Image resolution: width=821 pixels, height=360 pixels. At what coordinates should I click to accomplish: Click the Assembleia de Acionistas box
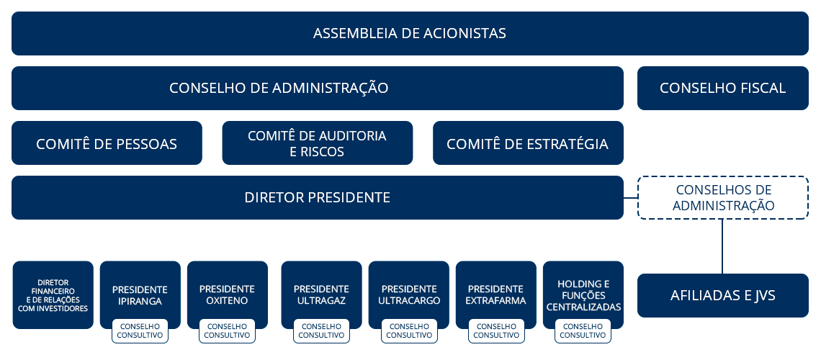tap(410, 34)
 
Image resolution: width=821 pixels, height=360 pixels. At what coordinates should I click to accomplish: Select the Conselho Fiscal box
tap(722, 88)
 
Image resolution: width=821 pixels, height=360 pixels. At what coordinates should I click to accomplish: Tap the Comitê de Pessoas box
tap(107, 143)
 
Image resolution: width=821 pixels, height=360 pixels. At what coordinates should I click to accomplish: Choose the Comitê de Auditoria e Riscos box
tap(318, 143)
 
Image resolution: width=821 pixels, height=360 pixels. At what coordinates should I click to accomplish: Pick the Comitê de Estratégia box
tap(528, 143)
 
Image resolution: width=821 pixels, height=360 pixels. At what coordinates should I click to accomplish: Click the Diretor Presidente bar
tap(318, 197)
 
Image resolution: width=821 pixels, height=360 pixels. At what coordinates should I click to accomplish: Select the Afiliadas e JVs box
tap(722, 295)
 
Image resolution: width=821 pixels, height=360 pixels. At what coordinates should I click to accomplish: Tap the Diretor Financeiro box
tap(53, 295)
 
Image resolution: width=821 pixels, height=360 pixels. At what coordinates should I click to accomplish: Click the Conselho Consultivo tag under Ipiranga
tap(140, 331)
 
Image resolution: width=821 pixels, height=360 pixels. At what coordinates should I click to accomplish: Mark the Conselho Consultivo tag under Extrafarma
tap(496, 331)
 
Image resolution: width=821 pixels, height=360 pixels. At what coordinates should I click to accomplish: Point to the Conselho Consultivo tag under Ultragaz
tap(321, 331)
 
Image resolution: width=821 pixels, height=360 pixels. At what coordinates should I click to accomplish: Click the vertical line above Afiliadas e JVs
tap(722, 246)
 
